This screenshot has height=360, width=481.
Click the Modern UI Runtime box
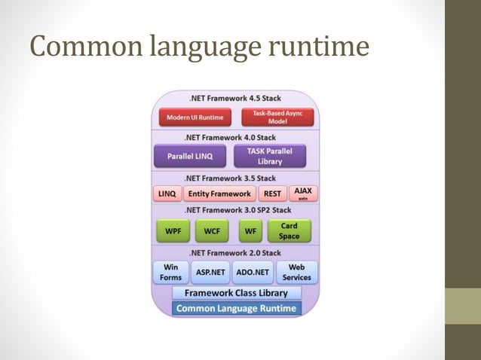195,117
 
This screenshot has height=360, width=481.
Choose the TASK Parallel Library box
270,156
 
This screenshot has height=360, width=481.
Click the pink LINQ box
167,194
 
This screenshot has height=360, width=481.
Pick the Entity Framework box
219,194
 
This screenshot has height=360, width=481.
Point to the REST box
273,194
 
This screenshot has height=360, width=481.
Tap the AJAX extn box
304,193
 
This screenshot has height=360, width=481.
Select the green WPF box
173,231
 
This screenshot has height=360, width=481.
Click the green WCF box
212,231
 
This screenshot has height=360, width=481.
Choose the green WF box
250,231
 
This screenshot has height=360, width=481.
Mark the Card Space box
289,231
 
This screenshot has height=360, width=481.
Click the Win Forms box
170,272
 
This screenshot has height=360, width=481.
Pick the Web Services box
297,272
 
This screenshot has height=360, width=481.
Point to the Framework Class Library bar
236,292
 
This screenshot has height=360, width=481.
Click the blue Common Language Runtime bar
236,308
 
